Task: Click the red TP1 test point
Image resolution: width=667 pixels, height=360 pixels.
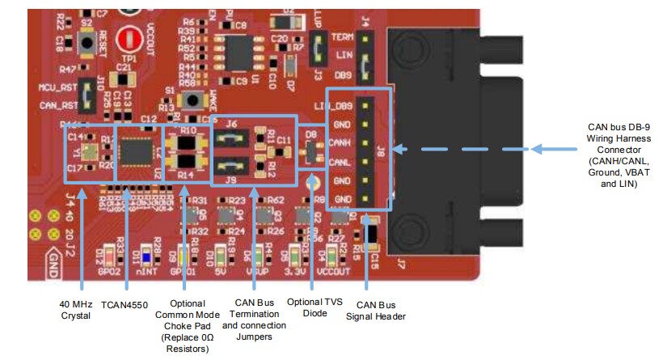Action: tap(126, 40)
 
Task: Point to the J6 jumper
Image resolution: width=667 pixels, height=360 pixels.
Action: tap(231, 138)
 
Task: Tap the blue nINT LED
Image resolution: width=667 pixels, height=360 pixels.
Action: tap(146, 257)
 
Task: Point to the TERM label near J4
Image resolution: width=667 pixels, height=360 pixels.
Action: tap(342, 38)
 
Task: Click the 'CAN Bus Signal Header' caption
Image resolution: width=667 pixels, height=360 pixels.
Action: tap(376, 310)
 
